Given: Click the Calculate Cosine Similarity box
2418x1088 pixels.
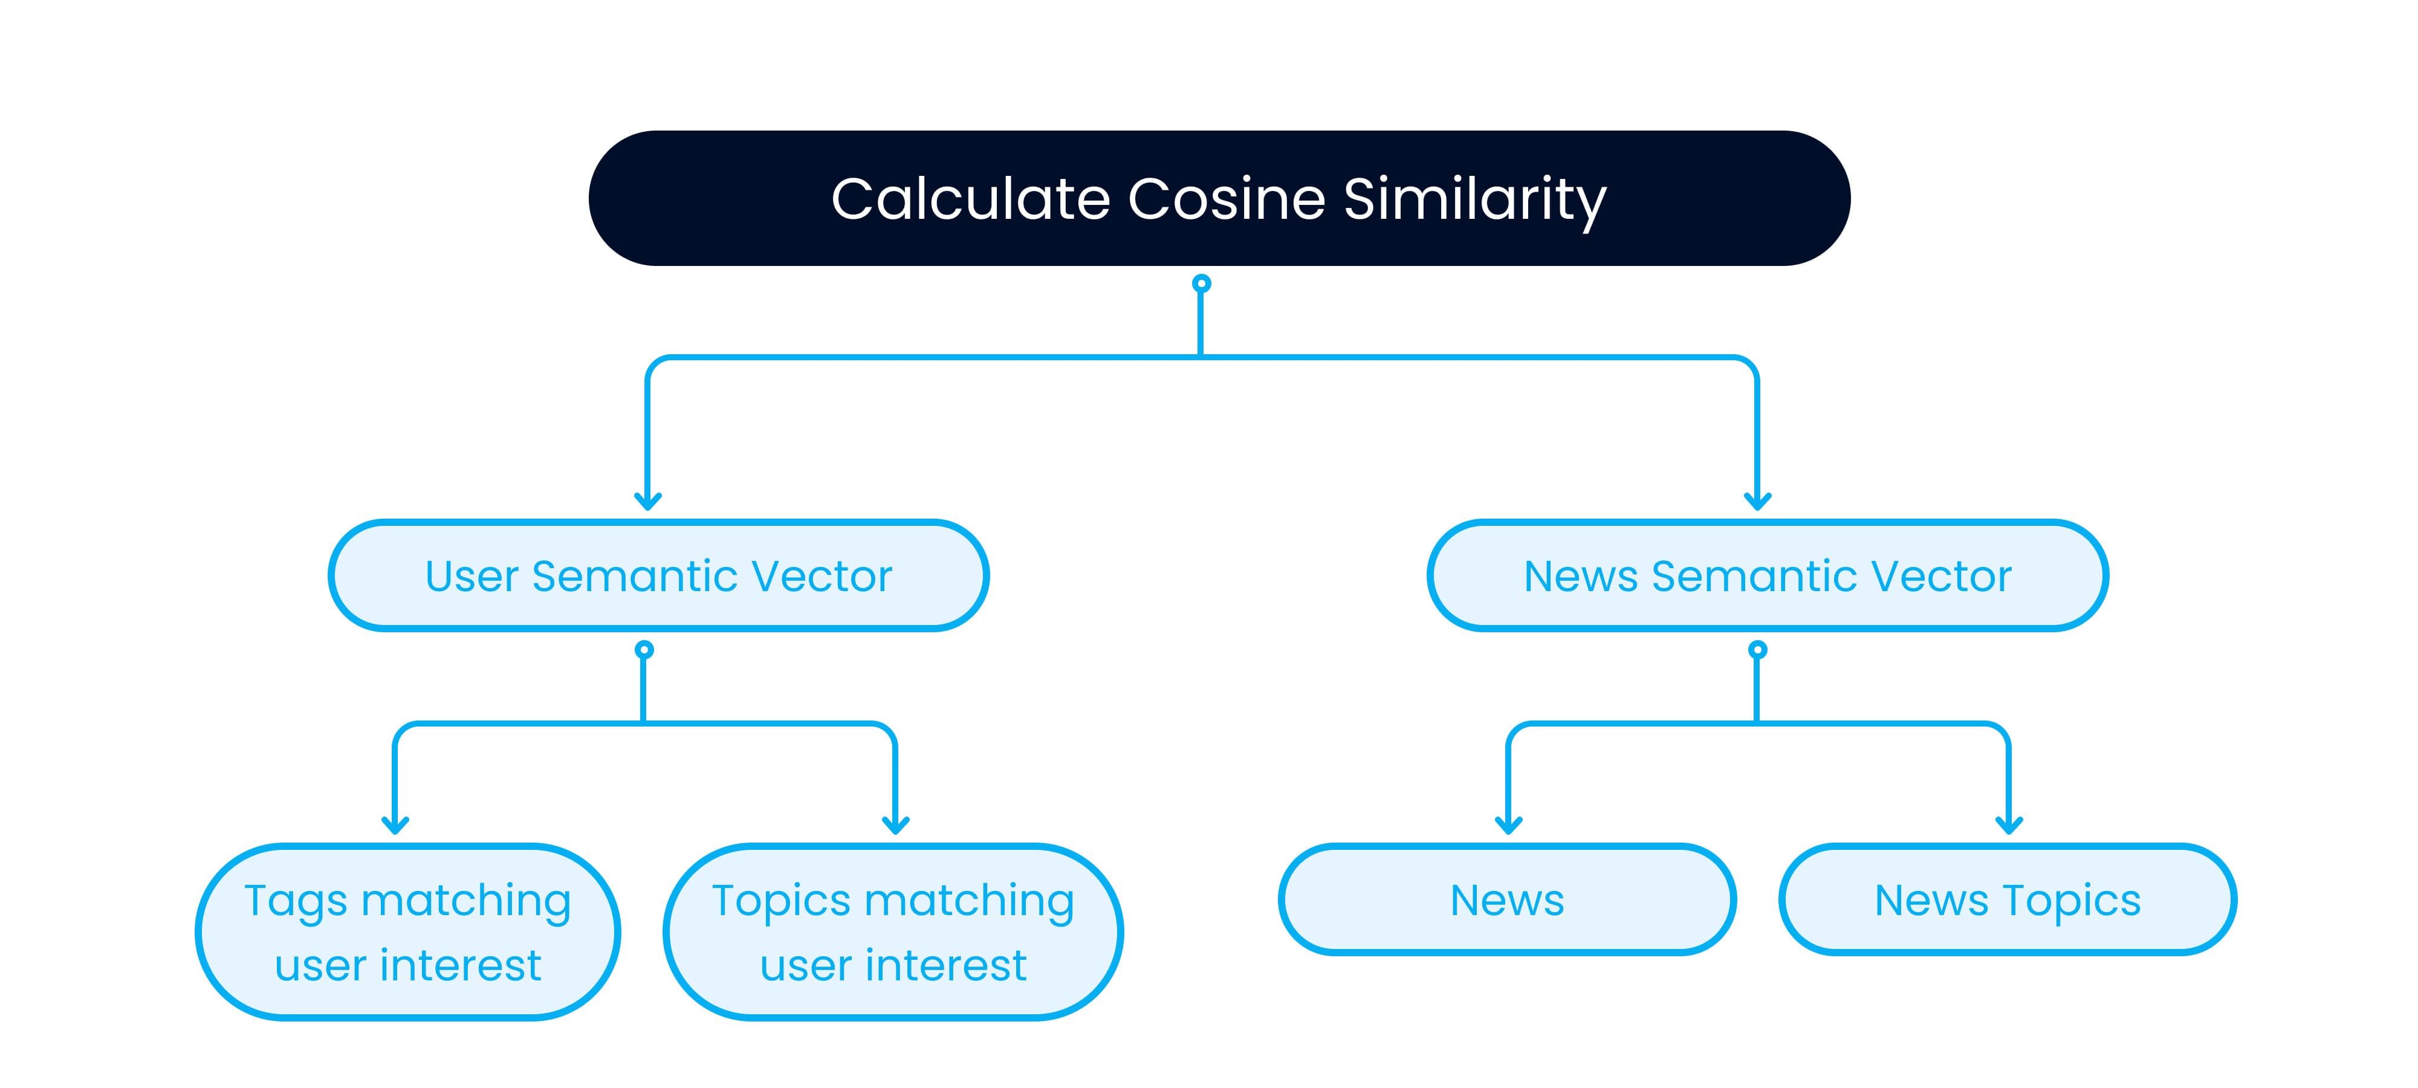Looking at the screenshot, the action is (x=1219, y=198).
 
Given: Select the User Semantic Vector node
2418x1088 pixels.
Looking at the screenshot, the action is (x=658, y=575).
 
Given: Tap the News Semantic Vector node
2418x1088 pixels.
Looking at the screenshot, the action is (x=1768, y=575).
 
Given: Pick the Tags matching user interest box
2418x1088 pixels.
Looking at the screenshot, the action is (x=407, y=931).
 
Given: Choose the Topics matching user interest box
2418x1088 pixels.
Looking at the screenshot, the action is (x=893, y=931).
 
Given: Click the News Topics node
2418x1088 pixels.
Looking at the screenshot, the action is (x=2008, y=899).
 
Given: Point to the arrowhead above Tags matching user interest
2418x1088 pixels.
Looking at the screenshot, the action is (x=395, y=824).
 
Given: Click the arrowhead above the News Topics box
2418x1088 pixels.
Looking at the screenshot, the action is (x=2009, y=824).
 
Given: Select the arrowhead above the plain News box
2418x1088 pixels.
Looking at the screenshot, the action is (x=1508, y=824).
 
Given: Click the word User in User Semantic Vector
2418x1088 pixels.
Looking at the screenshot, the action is (x=472, y=577).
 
